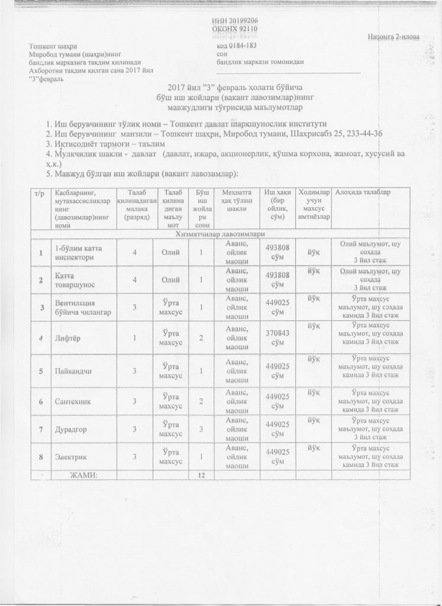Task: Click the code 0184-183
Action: [x=236, y=46]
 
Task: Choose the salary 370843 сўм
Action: [x=278, y=338]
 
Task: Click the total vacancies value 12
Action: [x=201, y=475]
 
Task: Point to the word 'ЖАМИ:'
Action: [x=83, y=475]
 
